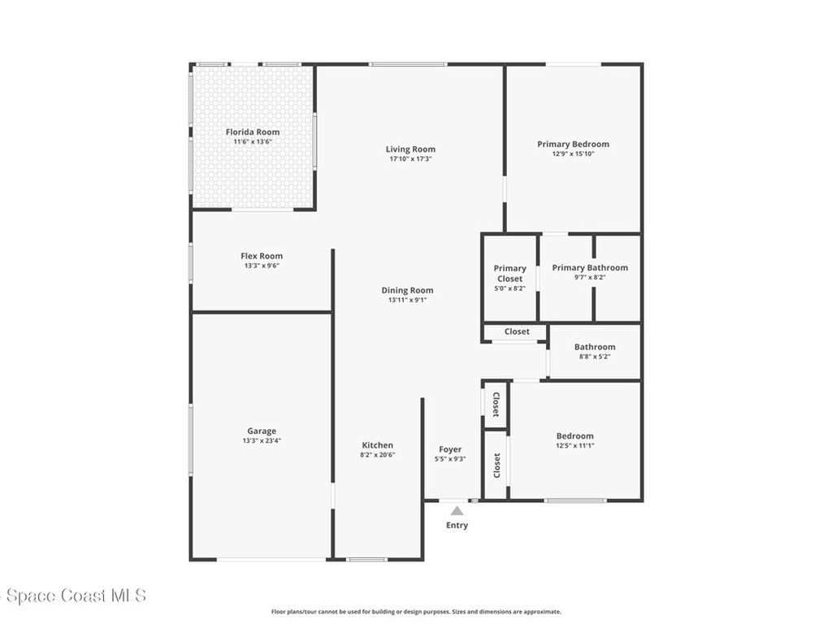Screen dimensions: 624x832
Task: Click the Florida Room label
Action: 252,132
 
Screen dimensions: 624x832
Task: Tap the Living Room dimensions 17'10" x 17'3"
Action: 410,159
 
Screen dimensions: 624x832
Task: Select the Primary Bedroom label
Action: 573,144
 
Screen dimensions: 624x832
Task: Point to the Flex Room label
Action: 262,256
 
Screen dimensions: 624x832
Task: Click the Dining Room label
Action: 407,290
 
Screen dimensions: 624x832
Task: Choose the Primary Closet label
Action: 510,273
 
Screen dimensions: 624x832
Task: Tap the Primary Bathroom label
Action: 590,267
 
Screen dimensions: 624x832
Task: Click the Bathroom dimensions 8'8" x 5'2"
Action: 595,357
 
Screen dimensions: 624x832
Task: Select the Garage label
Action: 262,431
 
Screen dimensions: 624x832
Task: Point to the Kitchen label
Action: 377,444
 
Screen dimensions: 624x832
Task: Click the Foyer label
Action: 450,448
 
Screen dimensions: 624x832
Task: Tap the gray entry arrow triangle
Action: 457,511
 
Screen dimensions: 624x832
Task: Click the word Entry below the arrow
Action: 457,526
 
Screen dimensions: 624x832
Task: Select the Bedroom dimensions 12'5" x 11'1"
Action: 574,445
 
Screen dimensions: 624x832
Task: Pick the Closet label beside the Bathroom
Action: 517,331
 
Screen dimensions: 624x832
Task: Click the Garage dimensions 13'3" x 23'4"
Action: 262,440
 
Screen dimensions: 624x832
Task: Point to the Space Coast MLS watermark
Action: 73,596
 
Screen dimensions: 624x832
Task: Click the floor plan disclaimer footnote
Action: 416,612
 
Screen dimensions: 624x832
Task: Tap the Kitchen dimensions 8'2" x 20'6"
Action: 377,454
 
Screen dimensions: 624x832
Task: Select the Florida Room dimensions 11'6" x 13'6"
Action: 252,141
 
